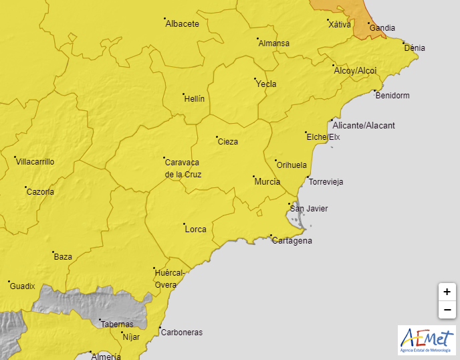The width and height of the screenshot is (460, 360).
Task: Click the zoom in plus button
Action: coord(447,292)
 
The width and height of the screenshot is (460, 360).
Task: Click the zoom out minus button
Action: coord(447,310)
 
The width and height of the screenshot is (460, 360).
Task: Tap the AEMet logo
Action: coord(426,341)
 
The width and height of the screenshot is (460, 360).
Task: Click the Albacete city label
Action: coord(182,23)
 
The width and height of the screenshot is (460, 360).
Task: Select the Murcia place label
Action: coord(267,182)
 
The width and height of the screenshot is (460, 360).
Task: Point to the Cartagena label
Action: coord(292,241)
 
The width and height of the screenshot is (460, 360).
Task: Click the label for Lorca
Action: coord(195,230)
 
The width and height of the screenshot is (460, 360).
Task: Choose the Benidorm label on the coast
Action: coord(392,96)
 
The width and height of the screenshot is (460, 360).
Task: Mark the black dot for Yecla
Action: coord(255,80)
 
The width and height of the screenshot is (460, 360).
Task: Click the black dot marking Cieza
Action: coord(217,137)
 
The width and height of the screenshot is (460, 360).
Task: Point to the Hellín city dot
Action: coord(183,94)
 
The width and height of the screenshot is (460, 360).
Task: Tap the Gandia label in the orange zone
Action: coord(382,28)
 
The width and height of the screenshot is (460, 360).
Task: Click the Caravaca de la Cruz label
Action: coord(183,168)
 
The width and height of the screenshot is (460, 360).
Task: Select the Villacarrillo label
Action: coord(35,162)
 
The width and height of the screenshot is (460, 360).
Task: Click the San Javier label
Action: coord(312,209)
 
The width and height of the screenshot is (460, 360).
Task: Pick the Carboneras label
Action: coord(181,333)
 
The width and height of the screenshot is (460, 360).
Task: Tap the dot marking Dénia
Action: coord(404,43)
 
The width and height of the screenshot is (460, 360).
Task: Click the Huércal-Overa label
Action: coord(168,279)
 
